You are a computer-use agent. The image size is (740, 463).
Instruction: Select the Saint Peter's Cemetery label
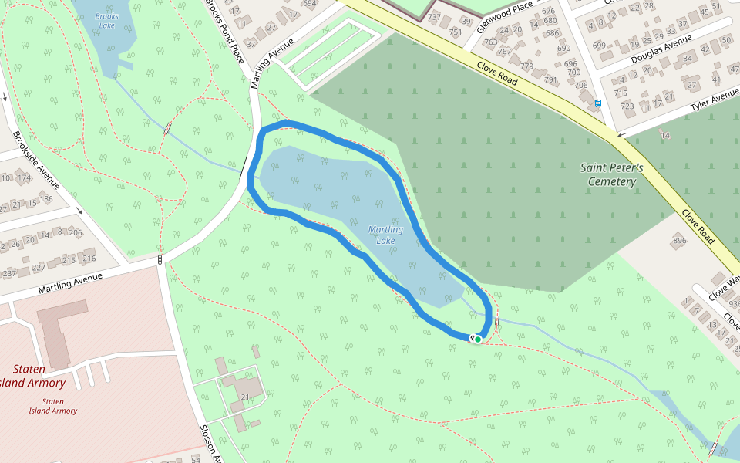(609, 174)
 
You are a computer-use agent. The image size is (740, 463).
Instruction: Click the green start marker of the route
(478, 339)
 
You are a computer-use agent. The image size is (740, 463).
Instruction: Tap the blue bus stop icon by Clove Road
(598, 103)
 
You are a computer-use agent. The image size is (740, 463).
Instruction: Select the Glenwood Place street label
(505, 16)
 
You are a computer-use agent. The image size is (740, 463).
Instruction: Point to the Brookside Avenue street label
(36, 160)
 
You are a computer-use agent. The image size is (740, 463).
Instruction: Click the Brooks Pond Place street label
(224, 32)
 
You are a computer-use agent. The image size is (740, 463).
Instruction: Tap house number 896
(679, 241)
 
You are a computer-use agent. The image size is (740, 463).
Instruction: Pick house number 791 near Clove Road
(550, 79)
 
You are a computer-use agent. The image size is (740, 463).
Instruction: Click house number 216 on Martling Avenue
(89, 259)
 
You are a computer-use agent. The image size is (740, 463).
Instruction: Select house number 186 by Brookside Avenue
(46, 199)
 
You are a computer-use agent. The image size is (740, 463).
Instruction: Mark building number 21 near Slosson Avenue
(245, 397)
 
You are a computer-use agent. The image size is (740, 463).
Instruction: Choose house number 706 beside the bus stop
(581, 86)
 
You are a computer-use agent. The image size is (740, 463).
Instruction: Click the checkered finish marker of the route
(472, 338)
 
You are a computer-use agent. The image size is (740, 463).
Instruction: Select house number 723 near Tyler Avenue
(627, 106)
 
